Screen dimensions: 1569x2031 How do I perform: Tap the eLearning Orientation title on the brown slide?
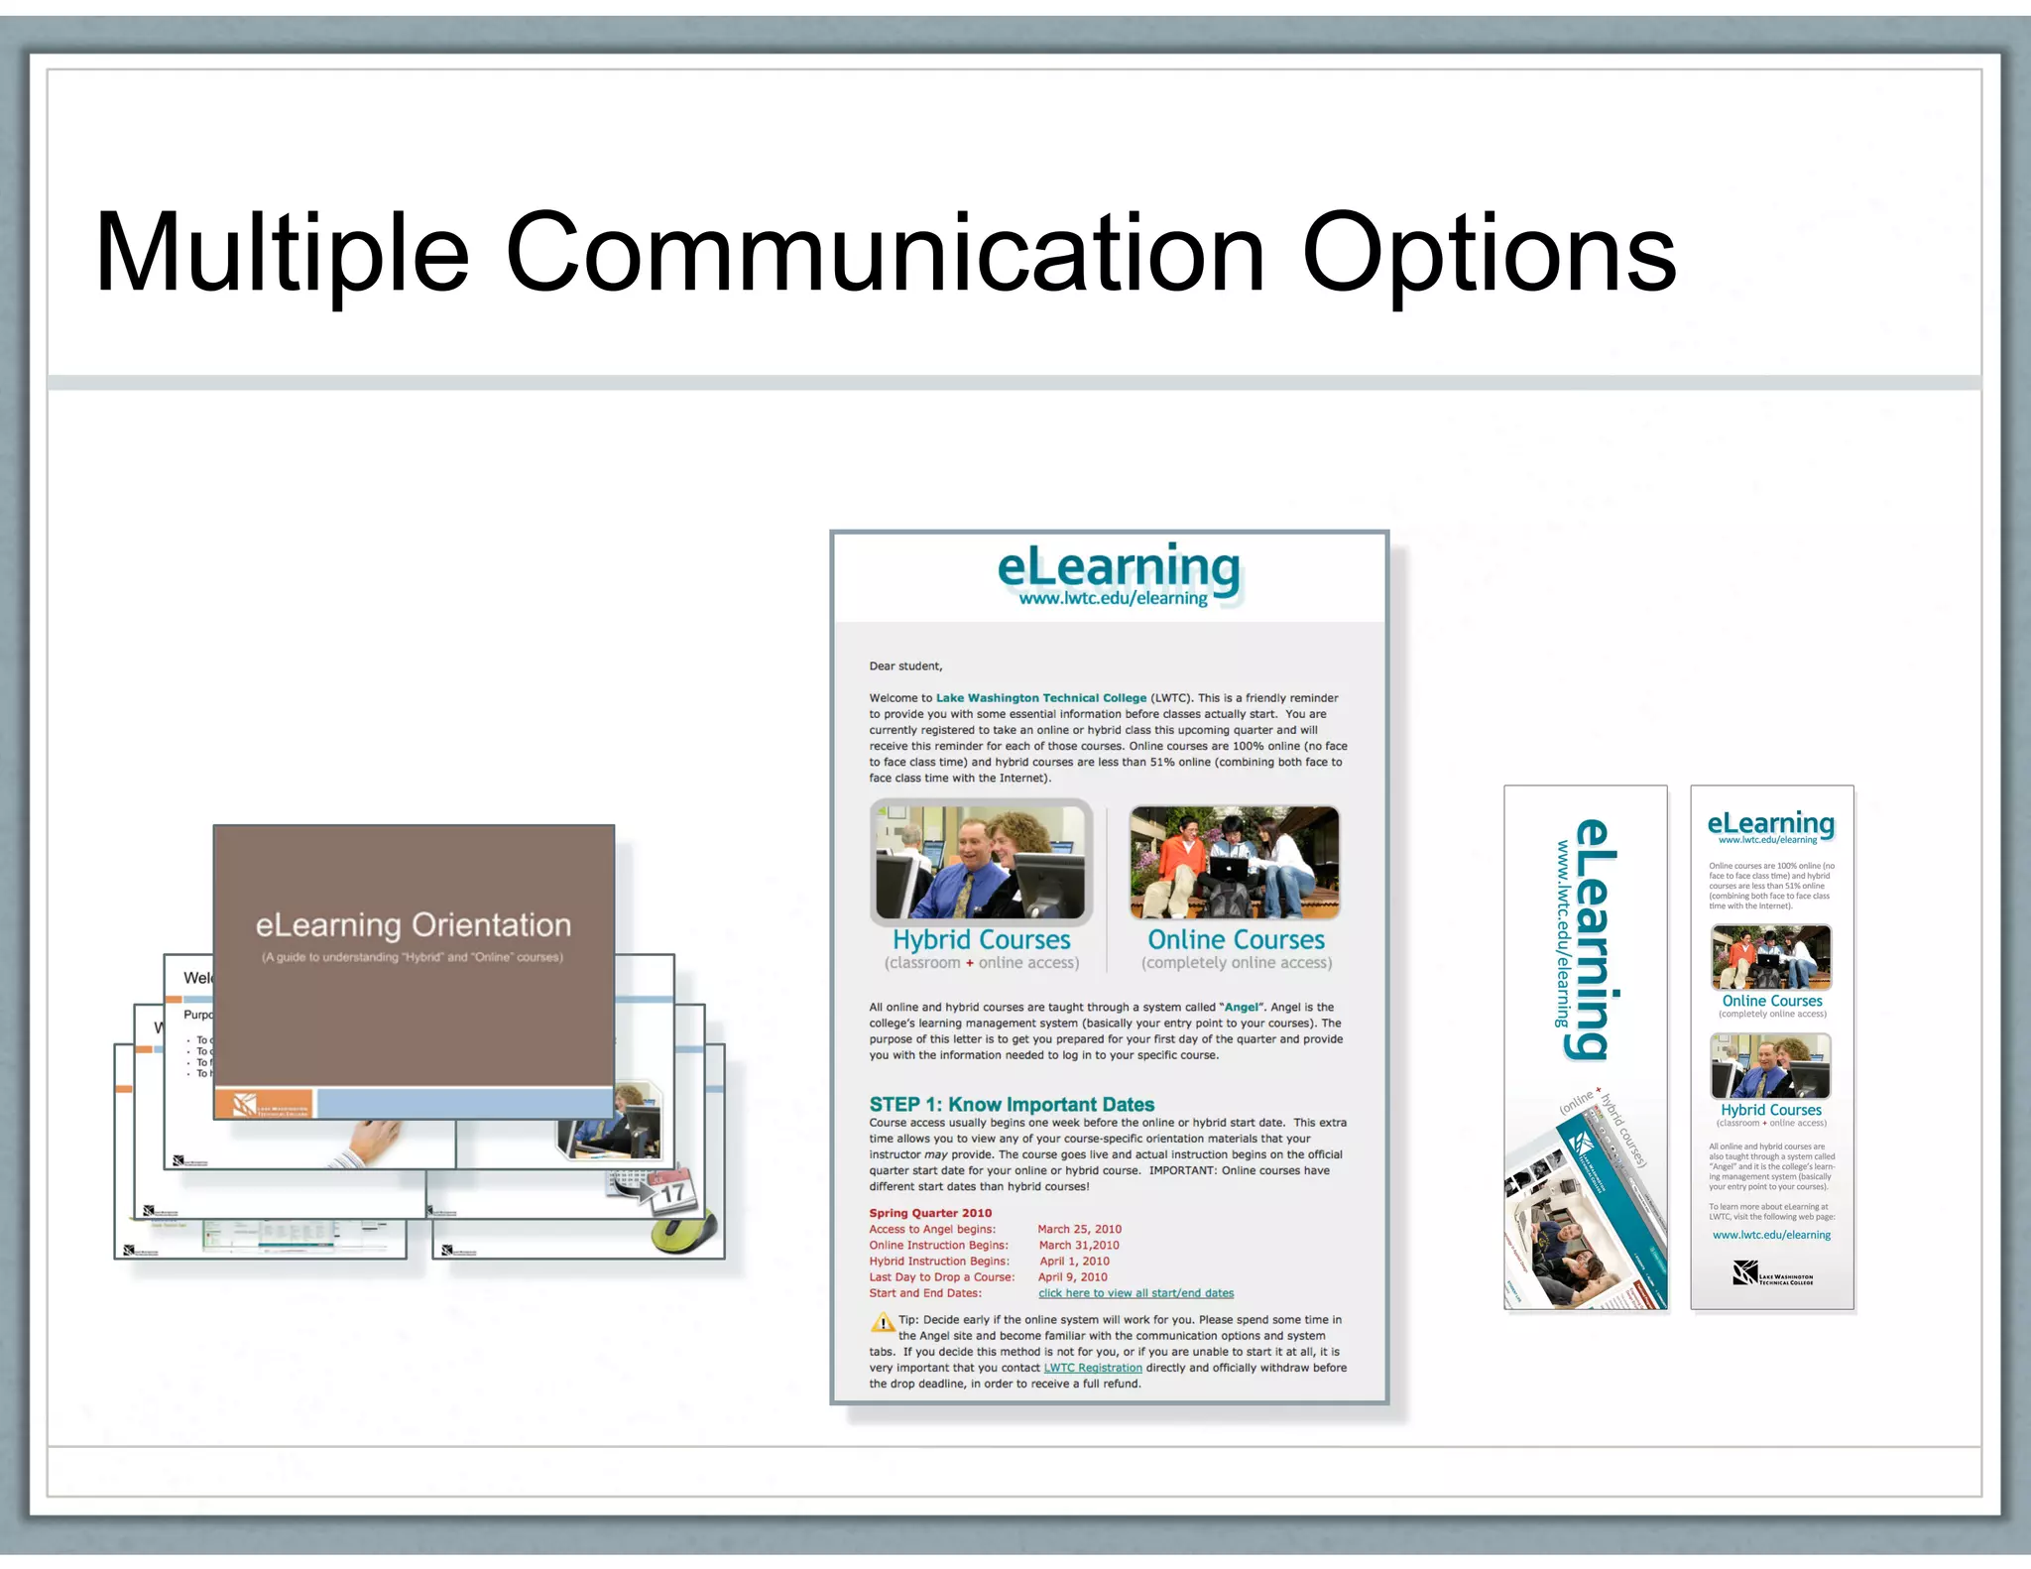click(x=413, y=925)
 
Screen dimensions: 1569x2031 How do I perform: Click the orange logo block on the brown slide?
click(x=264, y=1104)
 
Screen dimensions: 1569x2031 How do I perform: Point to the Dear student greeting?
click(x=905, y=666)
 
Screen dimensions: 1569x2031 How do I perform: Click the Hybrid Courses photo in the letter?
click(x=981, y=862)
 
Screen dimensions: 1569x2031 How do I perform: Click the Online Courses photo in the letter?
click(x=1235, y=862)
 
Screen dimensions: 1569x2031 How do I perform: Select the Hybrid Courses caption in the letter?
click(x=981, y=939)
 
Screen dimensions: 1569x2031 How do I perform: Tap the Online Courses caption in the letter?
click(x=1236, y=939)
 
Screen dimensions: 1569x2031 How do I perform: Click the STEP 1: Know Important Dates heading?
click(x=1012, y=1104)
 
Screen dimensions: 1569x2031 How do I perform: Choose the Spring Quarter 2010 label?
click(x=930, y=1213)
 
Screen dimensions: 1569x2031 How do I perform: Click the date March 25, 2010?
click(x=1079, y=1229)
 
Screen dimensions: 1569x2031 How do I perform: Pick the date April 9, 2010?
click(x=1072, y=1277)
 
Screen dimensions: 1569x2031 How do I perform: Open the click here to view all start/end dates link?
click(x=1135, y=1293)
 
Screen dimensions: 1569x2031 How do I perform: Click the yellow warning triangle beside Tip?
click(x=882, y=1322)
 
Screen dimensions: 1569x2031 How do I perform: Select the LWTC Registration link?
click(x=1093, y=1368)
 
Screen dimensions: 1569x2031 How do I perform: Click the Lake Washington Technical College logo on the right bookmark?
click(x=1772, y=1273)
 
